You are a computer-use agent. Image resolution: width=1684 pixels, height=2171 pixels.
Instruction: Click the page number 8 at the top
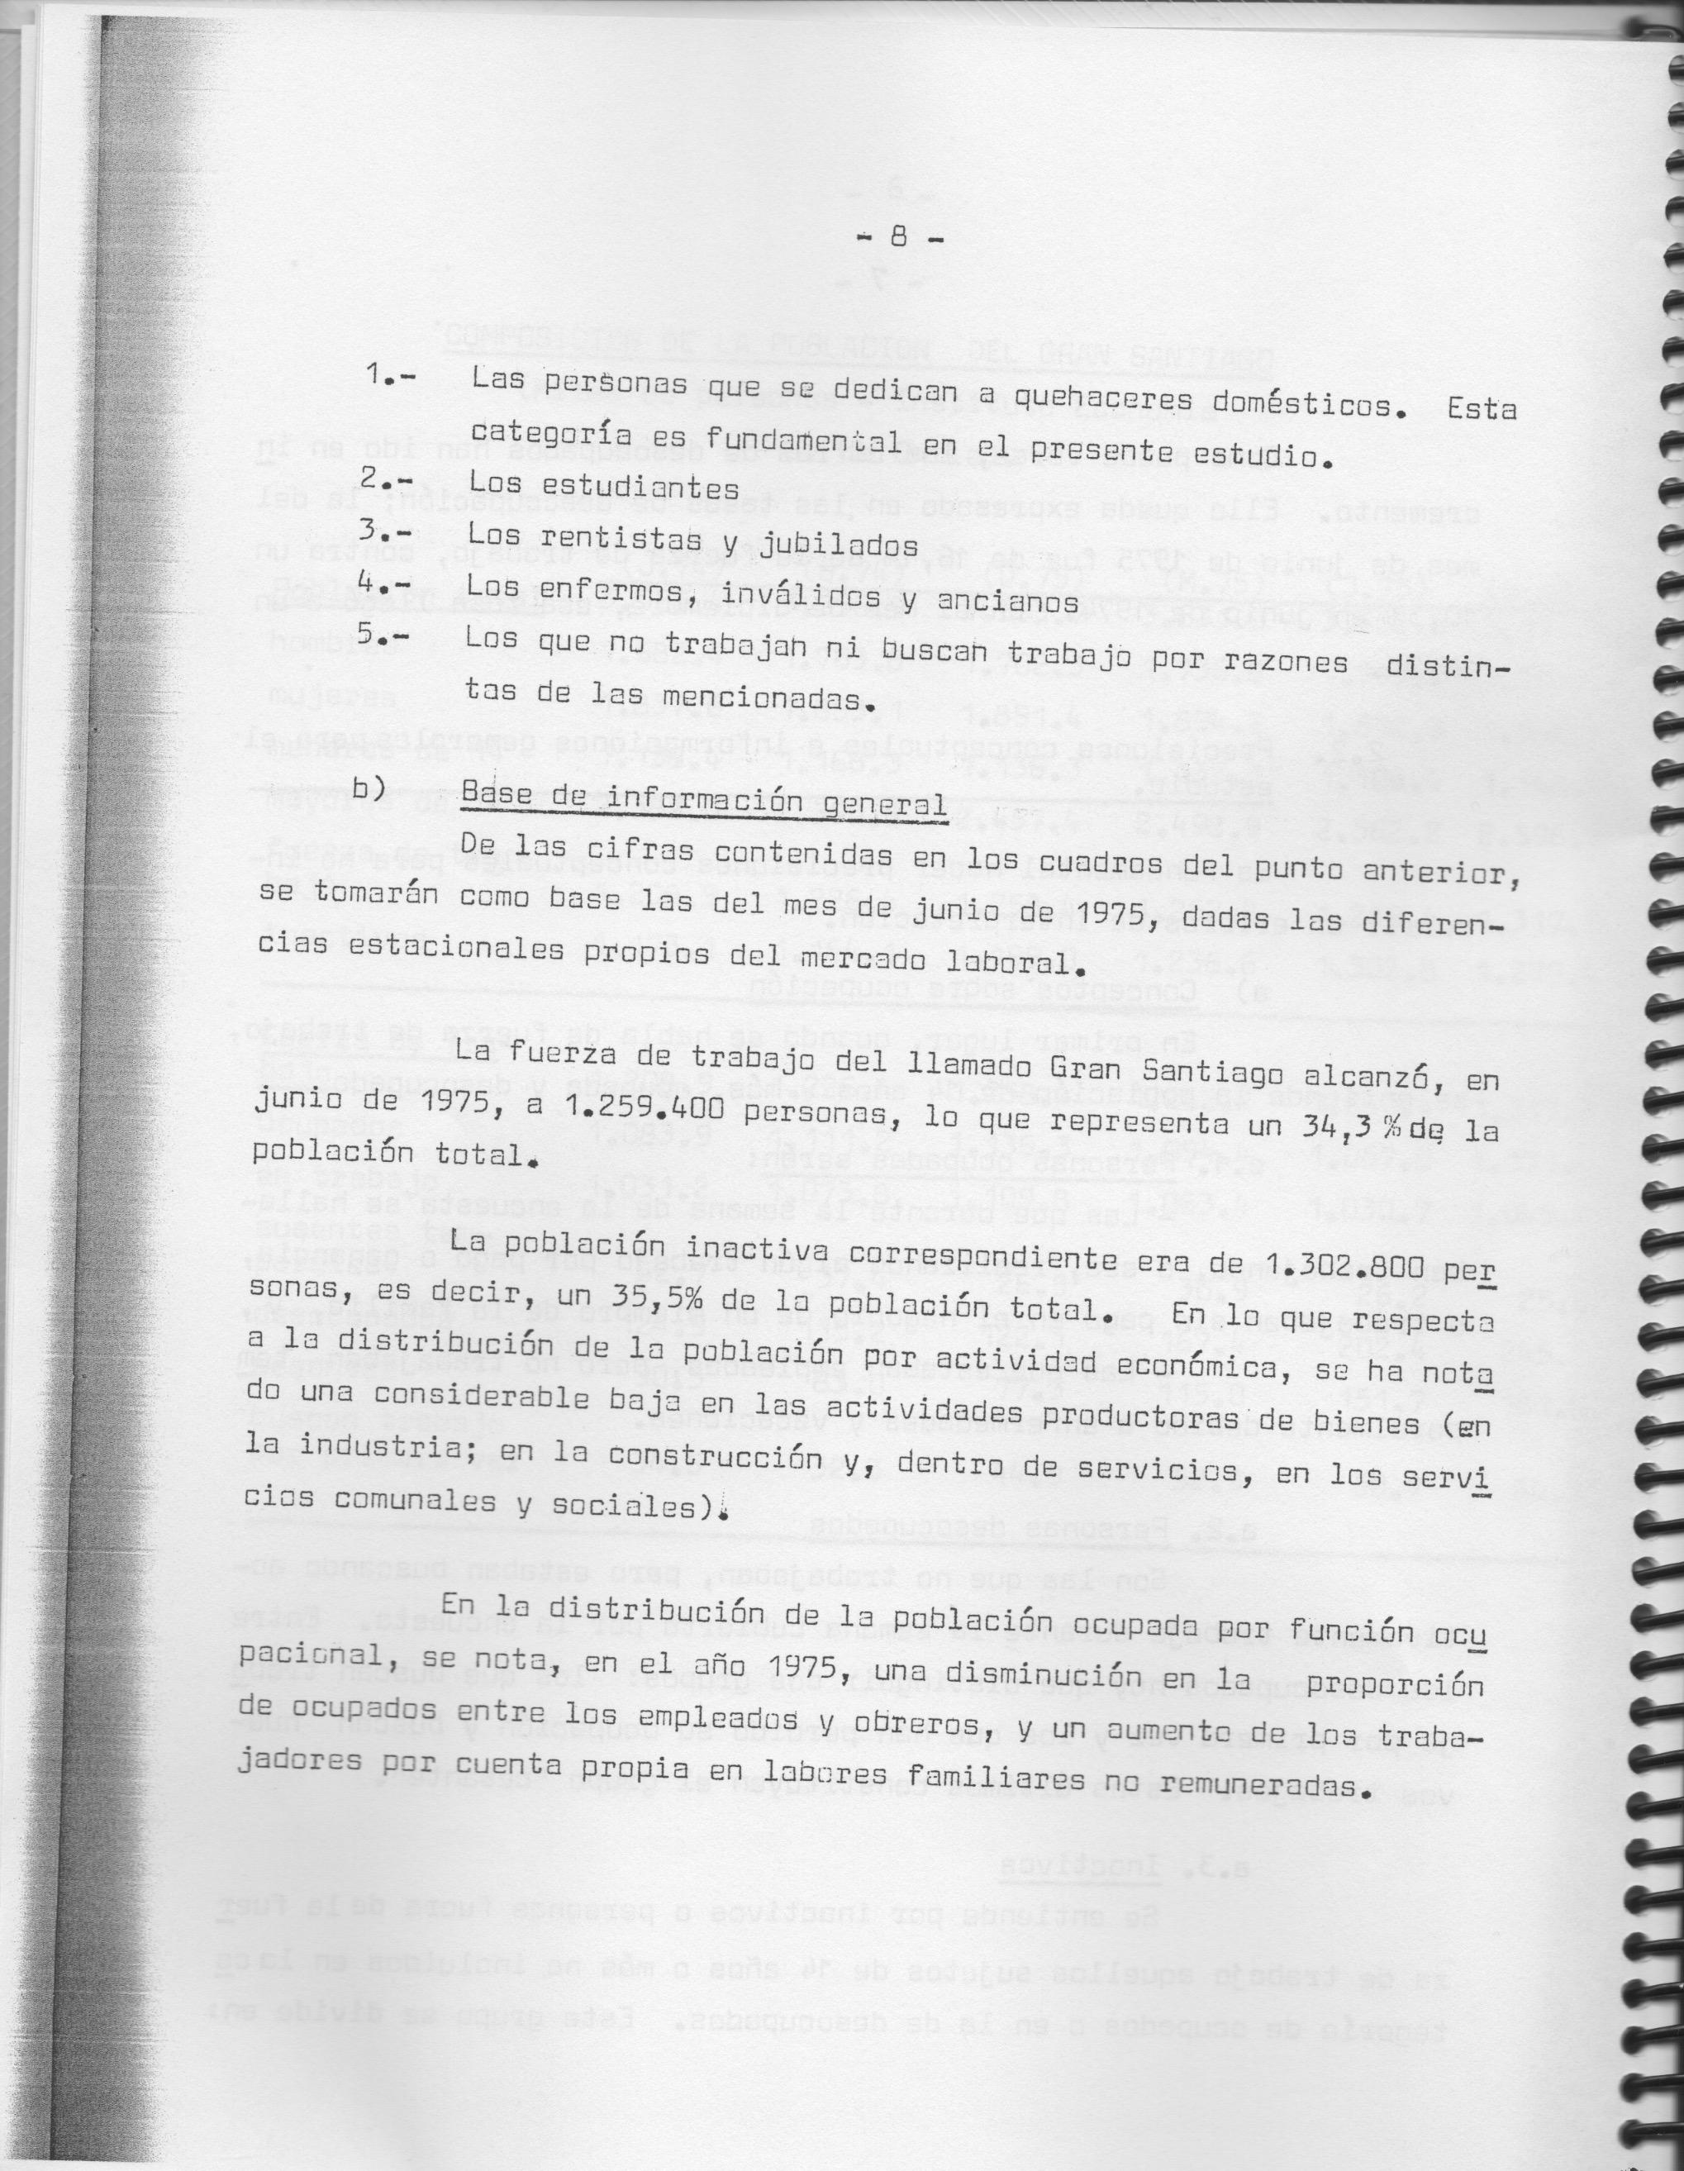pos(897,239)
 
